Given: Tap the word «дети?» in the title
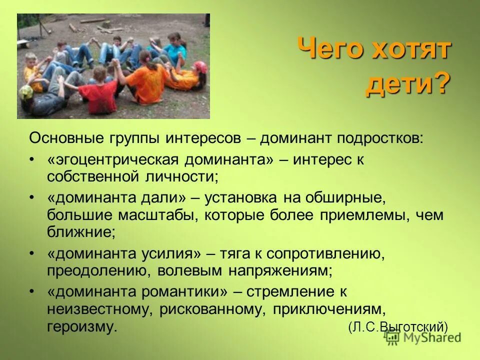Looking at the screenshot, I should coord(408,84).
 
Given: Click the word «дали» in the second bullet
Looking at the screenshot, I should coord(162,197).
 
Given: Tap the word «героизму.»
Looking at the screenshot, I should coord(83,327).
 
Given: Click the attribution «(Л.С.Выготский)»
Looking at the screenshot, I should coord(398,327).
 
